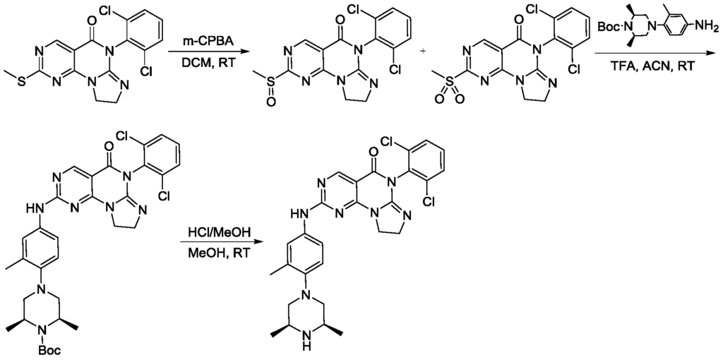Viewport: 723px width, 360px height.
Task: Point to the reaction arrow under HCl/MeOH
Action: [229, 244]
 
